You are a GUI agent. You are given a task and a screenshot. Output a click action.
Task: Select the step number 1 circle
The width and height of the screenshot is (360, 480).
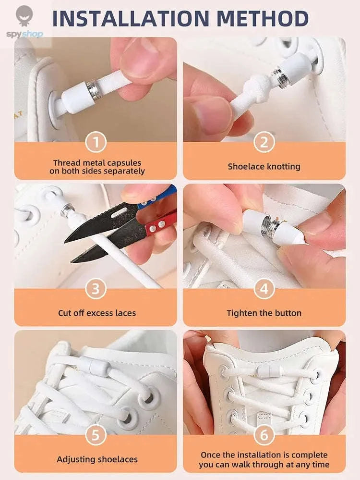click(96, 142)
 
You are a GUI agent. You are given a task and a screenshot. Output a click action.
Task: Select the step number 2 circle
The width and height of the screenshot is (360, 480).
click(264, 142)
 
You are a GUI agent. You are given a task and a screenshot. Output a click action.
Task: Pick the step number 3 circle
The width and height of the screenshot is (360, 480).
click(96, 289)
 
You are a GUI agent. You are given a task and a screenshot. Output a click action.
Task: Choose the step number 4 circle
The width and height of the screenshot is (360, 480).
click(264, 289)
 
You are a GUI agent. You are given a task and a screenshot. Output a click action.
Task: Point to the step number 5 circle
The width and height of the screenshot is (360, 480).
click(96, 435)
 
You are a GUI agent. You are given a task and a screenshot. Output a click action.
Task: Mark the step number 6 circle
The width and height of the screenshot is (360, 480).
click(264, 435)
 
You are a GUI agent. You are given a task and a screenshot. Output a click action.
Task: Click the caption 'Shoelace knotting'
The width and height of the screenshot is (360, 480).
click(264, 167)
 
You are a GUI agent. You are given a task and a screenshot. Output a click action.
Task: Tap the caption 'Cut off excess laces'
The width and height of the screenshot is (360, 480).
click(97, 313)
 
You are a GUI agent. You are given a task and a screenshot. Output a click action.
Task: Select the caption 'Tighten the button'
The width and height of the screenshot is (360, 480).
click(264, 313)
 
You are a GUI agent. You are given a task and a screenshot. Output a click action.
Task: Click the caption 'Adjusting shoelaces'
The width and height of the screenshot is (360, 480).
click(97, 459)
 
